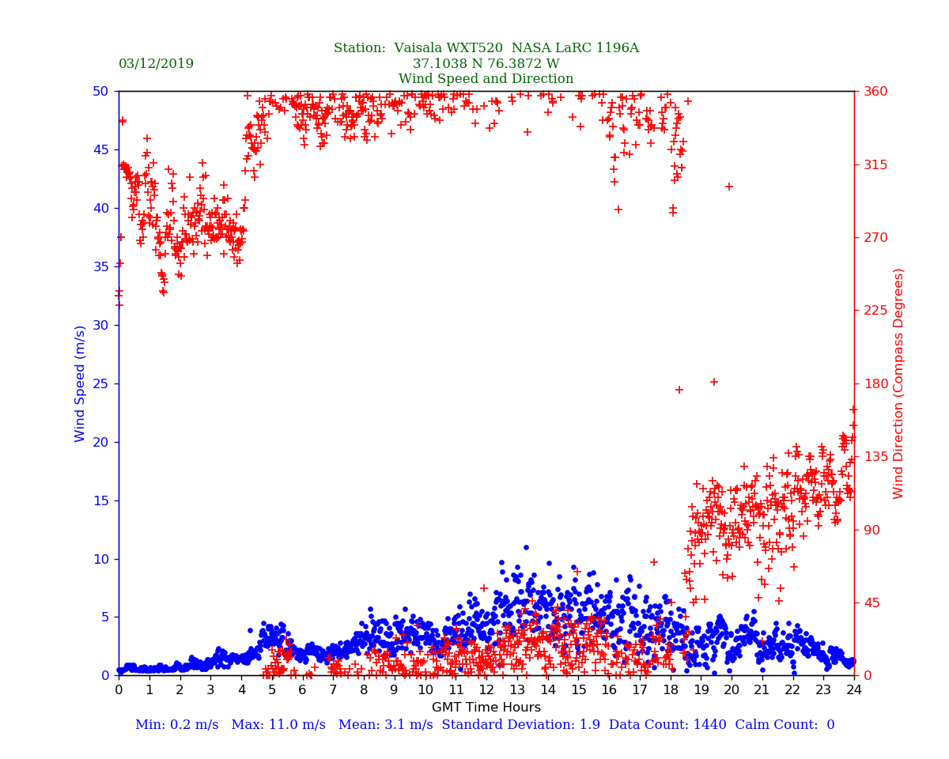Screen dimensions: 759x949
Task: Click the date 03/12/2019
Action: coord(156,64)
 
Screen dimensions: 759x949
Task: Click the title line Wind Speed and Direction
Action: coord(486,79)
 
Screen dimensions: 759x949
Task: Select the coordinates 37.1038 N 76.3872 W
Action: coord(486,64)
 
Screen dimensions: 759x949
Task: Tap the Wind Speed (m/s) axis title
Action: coord(80,383)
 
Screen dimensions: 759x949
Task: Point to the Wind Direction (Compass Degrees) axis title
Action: coord(898,383)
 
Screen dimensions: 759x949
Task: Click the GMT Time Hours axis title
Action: coord(486,708)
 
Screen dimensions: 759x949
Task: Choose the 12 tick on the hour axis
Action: coord(486,690)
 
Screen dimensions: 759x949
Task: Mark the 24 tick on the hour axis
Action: coord(854,690)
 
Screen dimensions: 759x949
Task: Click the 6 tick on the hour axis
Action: coord(302,690)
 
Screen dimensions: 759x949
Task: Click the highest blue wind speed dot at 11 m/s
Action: coord(526,547)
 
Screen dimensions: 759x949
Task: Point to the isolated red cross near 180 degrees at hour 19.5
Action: coord(713,382)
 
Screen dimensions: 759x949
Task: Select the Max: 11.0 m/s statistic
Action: coord(278,725)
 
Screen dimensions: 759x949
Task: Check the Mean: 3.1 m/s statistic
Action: coord(384,725)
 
